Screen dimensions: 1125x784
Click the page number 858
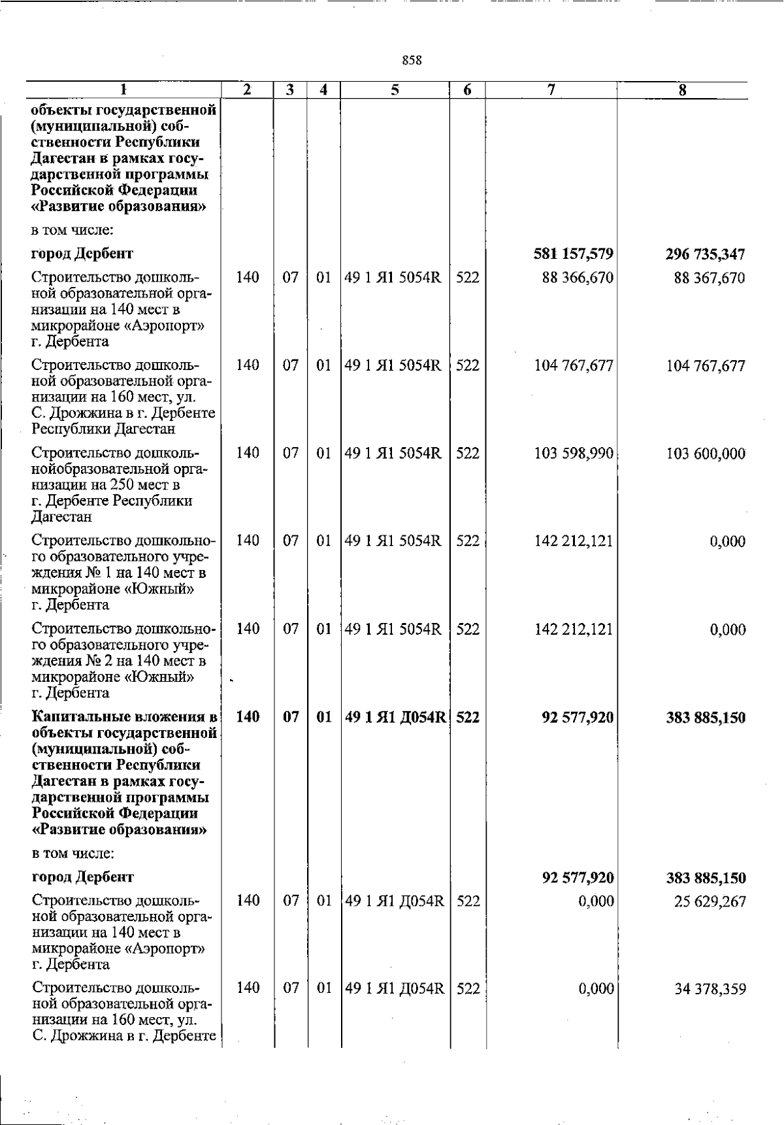(412, 61)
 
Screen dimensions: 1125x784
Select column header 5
(395, 90)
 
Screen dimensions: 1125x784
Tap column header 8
(681, 91)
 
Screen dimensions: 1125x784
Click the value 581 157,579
(573, 254)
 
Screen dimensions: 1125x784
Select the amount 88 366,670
(578, 278)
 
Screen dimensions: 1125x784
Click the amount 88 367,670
(709, 278)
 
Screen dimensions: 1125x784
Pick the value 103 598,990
(574, 454)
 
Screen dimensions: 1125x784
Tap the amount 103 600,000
(706, 454)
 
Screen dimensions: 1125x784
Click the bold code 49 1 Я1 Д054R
(396, 717)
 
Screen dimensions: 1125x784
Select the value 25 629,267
(710, 902)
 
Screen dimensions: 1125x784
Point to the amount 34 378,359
(710, 990)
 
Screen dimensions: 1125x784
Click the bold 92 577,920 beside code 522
(578, 718)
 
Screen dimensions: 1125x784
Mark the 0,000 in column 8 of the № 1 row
(728, 542)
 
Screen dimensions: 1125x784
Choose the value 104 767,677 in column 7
(574, 366)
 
